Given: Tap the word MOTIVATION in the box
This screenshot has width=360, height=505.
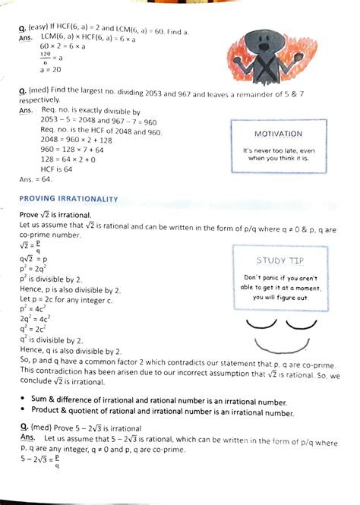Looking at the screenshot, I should click(x=279, y=134).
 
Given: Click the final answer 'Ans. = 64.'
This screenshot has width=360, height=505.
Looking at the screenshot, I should click(x=35, y=179).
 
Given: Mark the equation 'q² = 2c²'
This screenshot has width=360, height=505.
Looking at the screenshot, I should click(x=33, y=329).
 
